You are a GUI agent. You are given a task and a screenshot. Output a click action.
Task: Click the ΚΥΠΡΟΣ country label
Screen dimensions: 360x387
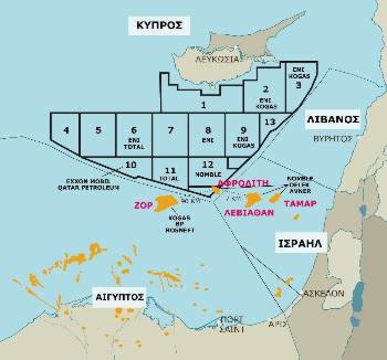[159, 25]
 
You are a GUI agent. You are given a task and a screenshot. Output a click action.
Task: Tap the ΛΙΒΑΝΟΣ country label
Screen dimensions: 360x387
[333, 119]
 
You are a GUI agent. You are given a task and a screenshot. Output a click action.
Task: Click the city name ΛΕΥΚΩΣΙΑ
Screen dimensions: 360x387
[217, 58]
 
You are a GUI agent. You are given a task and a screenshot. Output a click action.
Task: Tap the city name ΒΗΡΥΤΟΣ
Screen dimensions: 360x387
[332, 138]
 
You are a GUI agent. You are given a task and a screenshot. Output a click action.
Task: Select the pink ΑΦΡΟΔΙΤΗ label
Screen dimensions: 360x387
[243, 183]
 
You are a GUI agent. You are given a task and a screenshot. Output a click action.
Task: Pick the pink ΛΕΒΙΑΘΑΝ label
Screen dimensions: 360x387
[249, 211]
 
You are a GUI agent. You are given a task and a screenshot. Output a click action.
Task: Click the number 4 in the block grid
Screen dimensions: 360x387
[66, 130]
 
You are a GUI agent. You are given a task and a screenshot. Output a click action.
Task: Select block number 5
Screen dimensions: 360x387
[98, 130]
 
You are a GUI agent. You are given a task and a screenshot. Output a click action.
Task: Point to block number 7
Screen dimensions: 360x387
[170, 130]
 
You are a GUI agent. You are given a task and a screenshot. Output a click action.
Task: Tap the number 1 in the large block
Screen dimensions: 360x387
[204, 104]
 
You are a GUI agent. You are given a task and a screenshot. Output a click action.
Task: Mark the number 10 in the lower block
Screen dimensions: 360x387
[131, 165]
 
